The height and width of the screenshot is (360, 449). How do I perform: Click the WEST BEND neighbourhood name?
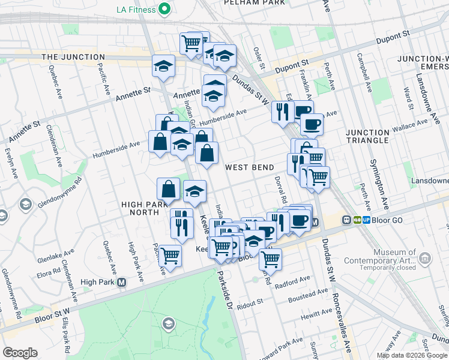coord(250,167)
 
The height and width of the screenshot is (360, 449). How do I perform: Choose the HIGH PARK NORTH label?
coord(148,209)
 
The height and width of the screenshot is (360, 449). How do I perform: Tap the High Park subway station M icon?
coord(122,282)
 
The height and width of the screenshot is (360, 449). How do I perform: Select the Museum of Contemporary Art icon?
coord(425,259)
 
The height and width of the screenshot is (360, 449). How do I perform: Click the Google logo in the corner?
coord(20,353)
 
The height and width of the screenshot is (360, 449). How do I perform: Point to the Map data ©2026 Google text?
coord(411,355)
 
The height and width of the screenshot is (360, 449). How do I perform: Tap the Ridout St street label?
coord(251,304)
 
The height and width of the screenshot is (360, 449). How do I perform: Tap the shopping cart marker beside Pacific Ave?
coord(170,255)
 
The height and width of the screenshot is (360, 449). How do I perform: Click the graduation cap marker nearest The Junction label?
coord(163,67)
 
